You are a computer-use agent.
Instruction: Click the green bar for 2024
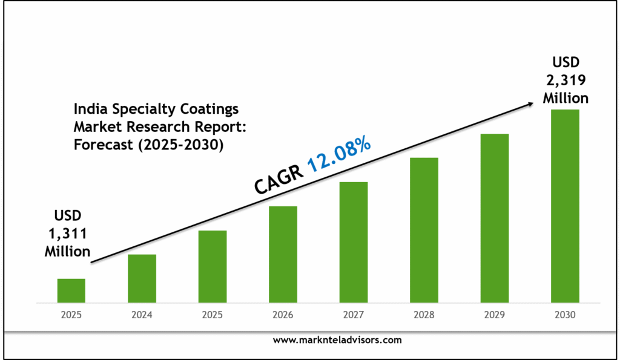click(x=142, y=278)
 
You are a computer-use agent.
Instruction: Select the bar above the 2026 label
click(x=283, y=254)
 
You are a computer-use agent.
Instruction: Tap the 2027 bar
click(x=354, y=242)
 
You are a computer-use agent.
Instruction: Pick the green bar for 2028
click(x=424, y=230)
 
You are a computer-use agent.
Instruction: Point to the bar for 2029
click(x=495, y=218)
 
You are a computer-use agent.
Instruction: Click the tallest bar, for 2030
click(x=565, y=206)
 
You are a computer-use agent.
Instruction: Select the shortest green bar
click(x=71, y=290)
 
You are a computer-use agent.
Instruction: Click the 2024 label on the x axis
click(x=142, y=315)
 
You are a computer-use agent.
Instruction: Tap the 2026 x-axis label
click(x=283, y=315)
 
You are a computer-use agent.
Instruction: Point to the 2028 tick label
click(x=424, y=315)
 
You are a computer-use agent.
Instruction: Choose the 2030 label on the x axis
click(x=565, y=315)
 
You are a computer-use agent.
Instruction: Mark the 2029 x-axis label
click(x=495, y=315)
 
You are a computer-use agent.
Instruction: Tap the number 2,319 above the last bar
click(x=565, y=79)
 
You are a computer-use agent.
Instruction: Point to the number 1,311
click(x=67, y=234)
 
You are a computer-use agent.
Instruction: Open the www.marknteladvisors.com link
click(x=337, y=340)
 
